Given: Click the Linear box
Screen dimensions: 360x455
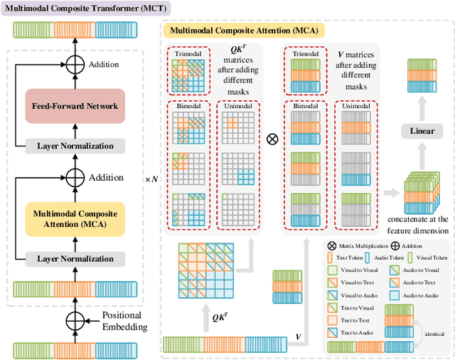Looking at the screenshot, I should pos(422,131).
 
